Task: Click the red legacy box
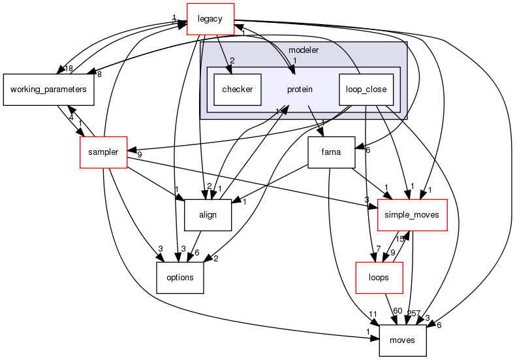211,18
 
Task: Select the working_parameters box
49,90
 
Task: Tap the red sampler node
103,152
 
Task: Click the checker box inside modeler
238,89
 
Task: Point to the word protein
300,89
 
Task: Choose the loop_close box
366,89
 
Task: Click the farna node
331,153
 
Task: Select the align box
208,214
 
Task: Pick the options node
180,277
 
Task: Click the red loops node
379,277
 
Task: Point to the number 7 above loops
377,249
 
